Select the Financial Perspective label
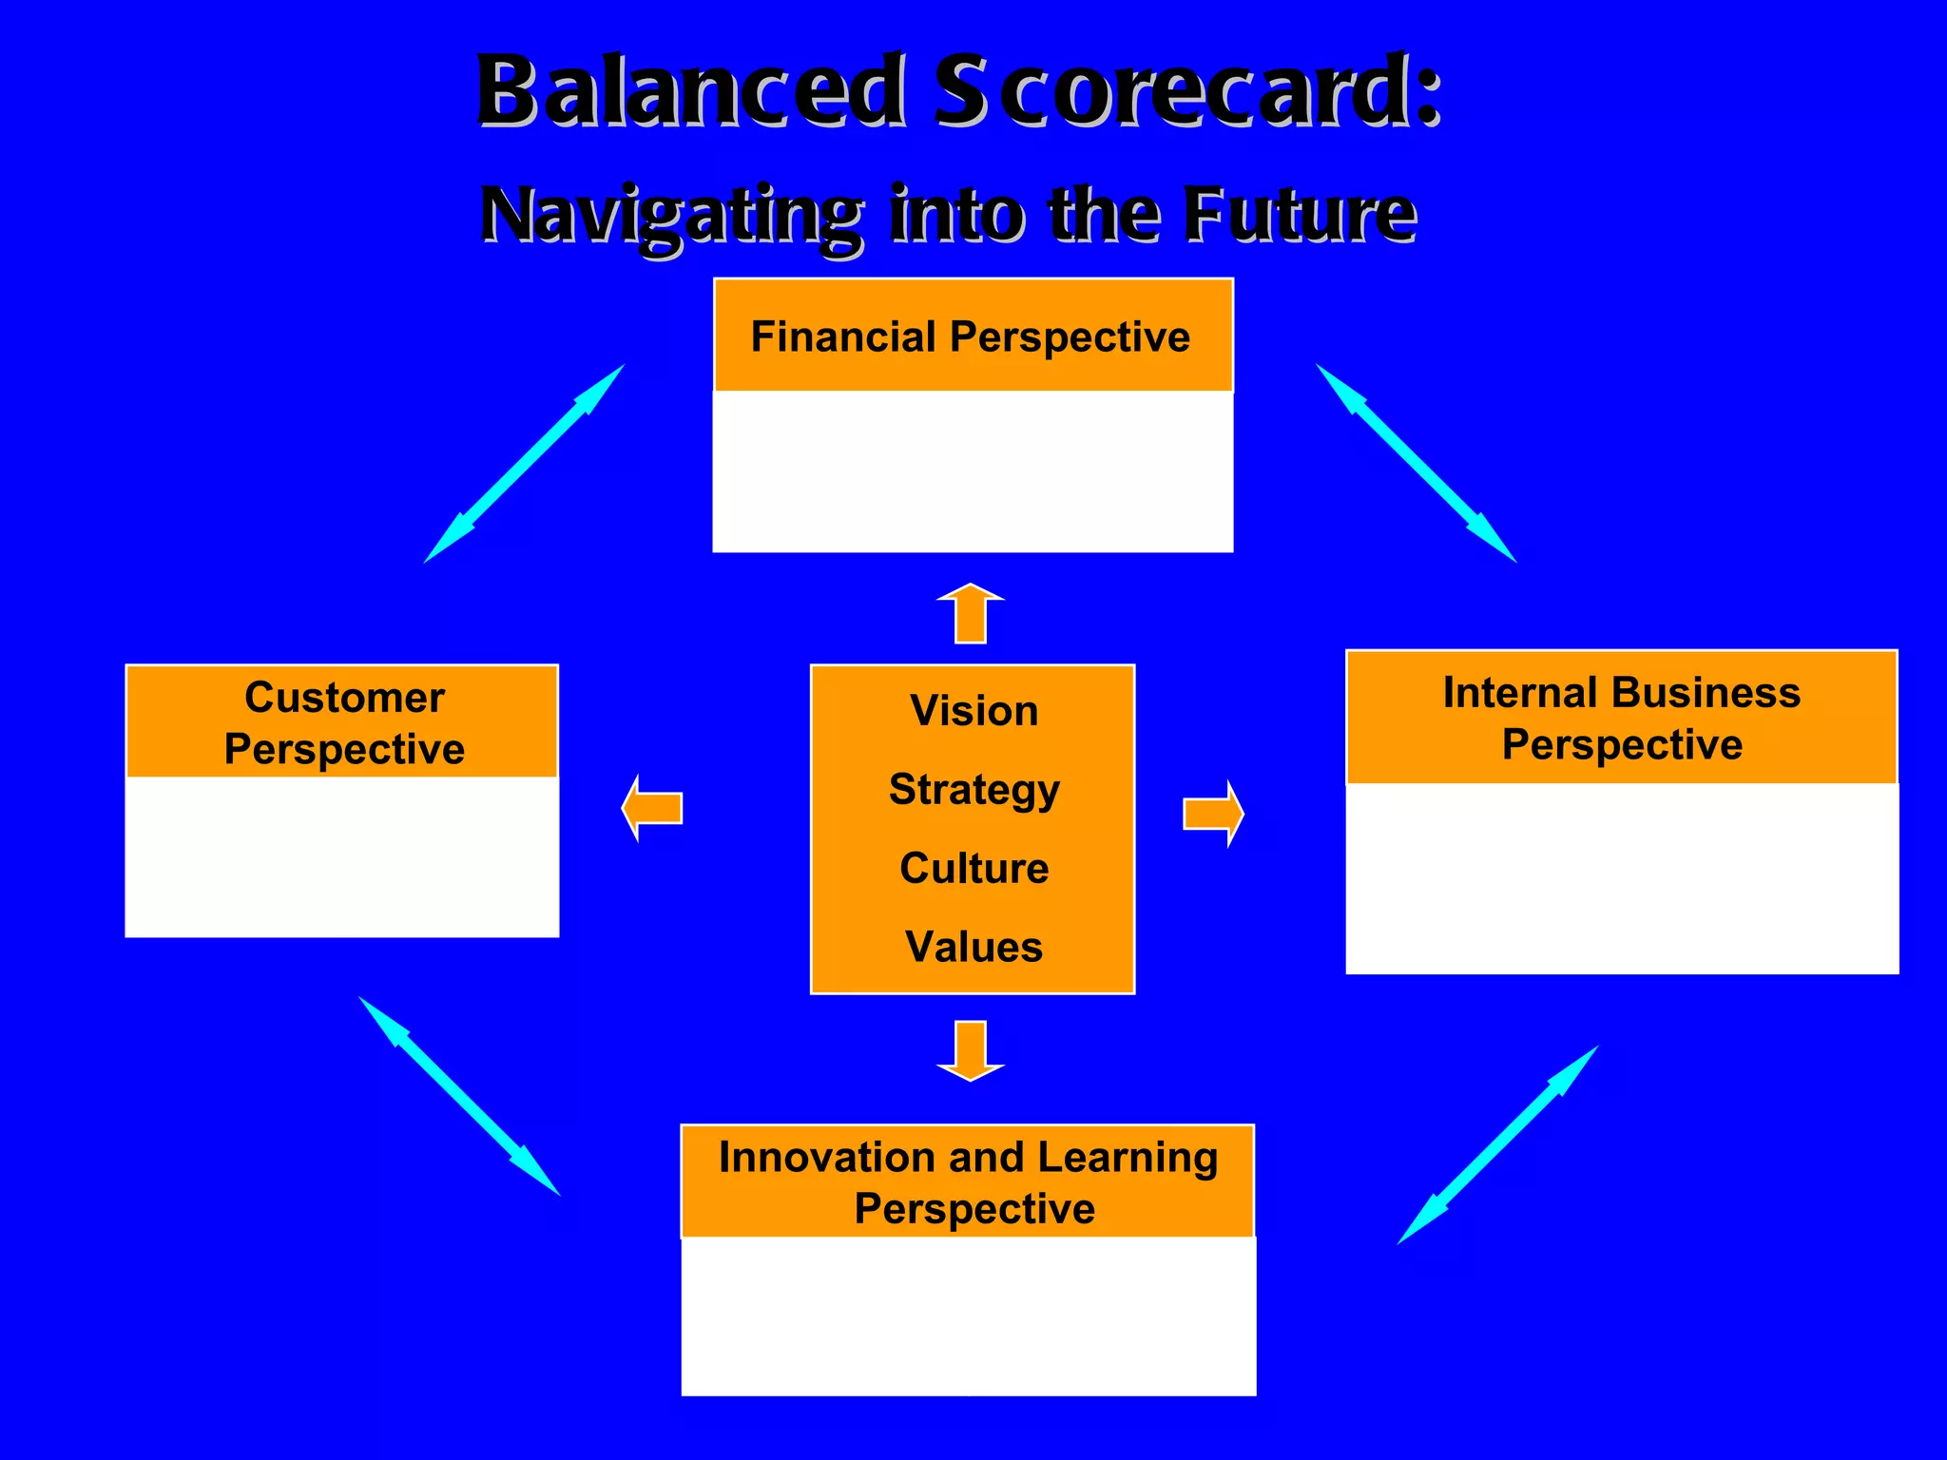point(971,336)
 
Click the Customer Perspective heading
point(344,722)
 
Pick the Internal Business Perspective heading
point(1621,718)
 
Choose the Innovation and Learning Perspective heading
point(969,1182)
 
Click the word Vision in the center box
point(973,711)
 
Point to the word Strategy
point(973,789)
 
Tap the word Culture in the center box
point(973,868)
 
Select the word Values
point(973,947)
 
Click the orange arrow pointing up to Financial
point(971,613)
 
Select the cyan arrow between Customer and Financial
point(524,464)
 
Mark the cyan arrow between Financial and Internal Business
point(1416,463)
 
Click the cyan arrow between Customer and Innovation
point(459,1096)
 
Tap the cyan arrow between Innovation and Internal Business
point(1497,1145)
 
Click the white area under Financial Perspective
point(973,471)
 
